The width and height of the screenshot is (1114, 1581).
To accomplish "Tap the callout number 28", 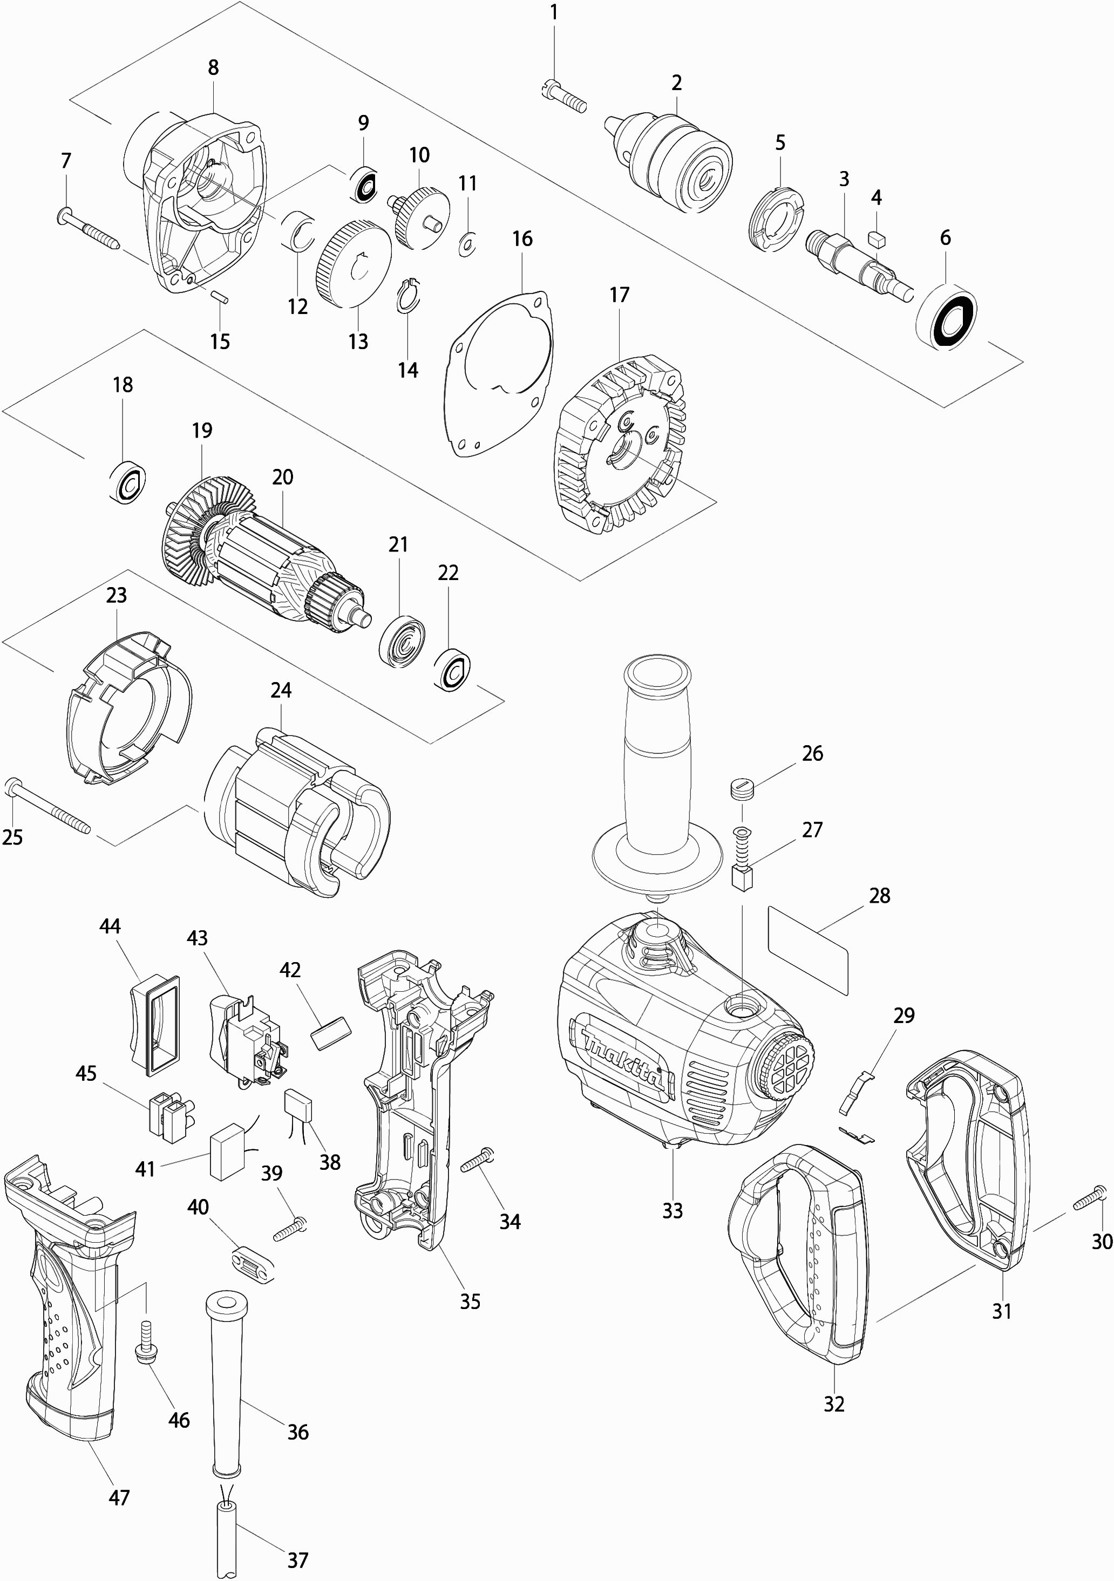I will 880,896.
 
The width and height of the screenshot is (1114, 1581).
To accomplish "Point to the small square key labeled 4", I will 877,239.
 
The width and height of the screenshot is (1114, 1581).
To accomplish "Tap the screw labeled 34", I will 478,1160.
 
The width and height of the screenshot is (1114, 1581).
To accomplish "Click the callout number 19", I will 202,431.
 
